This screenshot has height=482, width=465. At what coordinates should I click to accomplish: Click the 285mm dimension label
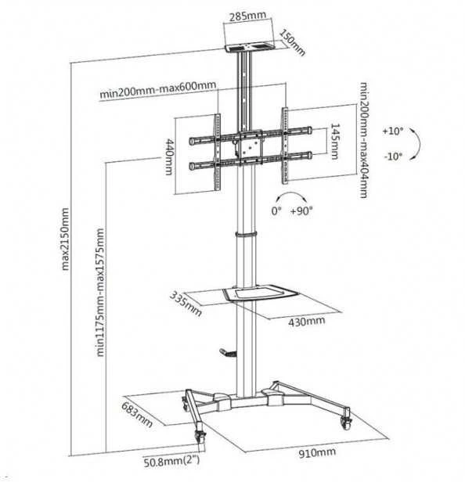(x=248, y=16)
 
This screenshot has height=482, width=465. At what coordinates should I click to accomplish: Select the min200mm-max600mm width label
(x=158, y=89)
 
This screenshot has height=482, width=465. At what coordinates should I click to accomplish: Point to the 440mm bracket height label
(x=169, y=156)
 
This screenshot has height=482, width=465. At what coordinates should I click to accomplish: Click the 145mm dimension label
(x=335, y=141)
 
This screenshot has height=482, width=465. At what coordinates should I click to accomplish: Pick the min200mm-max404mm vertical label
(x=363, y=140)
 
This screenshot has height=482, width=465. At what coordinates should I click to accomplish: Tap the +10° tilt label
(x=393, y=131)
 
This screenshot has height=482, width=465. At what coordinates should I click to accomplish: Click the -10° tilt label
(x=393, y=156)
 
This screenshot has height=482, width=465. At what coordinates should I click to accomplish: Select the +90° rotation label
(x=301, y=211)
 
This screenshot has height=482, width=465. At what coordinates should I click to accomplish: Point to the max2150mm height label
(x=65, y=239)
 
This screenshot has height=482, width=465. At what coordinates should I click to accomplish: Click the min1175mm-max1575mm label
(x=100, y=292)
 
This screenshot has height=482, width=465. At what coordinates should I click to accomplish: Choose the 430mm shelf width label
(x=306, y=322)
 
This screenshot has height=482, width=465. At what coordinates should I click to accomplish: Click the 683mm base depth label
(x=137, y=415)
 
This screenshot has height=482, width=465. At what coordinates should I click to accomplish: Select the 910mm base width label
(x=317, y=453)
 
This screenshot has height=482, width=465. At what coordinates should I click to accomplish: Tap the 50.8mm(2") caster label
(x=171, y=462)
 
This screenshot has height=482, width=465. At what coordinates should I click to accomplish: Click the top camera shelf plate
(x=249, y=48)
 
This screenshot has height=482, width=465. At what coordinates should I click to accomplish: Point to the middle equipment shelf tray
(x=260, y=293)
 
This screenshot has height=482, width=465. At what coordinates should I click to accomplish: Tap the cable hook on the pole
(x=229, y=353)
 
